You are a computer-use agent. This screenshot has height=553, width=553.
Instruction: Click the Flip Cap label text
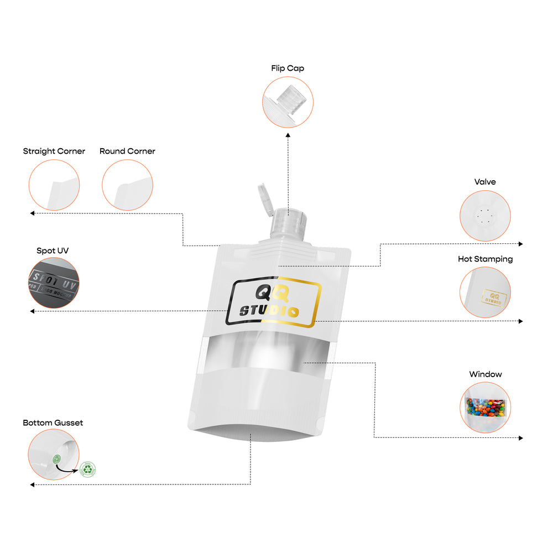coord(288,69)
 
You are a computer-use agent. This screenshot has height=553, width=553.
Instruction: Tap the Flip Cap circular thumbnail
coord(288,102)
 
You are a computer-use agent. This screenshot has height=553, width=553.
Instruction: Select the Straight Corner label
coord(54,151)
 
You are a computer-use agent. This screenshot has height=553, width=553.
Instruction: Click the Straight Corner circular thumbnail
coord(54,185)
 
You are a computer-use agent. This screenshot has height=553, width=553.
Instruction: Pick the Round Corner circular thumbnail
coord(127,185)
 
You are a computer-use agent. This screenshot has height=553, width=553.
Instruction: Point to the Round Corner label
coord(127,151)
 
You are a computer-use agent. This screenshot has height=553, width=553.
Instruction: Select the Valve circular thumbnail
coord(485,216)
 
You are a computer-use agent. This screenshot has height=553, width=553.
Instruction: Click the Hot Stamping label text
coord(485,259)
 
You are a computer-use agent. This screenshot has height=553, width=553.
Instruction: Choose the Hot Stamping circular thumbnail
coord(485,292)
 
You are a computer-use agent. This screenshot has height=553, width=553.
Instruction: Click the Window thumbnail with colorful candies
coord(485,407)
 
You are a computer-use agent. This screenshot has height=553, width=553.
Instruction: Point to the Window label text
coord(486,374)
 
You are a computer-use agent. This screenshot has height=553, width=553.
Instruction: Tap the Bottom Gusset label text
coord(53,422)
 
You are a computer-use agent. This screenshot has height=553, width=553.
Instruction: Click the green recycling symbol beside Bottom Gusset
coord(87,469)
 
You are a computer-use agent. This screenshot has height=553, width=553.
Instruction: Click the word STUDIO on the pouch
coord(269,311)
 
